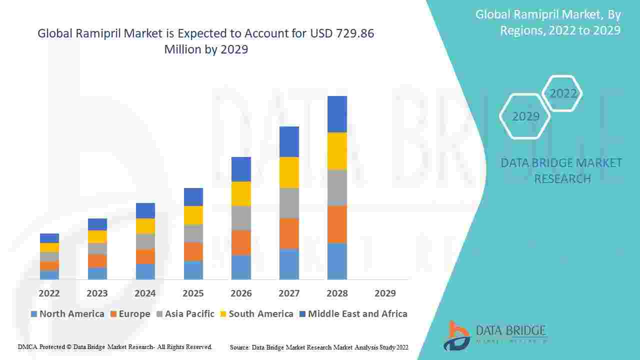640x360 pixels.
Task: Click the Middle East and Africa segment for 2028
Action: tap(337, 114)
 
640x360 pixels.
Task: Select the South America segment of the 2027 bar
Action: tap(289, 172)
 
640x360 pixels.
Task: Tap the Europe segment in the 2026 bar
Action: tap(241, 242)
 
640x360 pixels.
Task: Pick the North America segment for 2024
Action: tap(145, 271)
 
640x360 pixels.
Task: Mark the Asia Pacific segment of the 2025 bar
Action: tap(193, 233)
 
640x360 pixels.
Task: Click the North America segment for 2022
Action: tap(49, 274)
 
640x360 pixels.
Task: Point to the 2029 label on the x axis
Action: tap(385, 293)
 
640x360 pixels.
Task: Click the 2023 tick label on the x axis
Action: tap(97, 293)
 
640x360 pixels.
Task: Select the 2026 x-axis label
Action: tap(241, 293)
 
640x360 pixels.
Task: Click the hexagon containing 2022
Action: tap(563, 93)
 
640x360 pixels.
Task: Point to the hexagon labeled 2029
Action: tap(525, 116)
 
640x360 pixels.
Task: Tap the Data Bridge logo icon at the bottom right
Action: tap(456, 335)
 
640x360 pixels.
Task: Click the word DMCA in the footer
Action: tap(27, 346)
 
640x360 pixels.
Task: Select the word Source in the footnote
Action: tap(240, 347)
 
